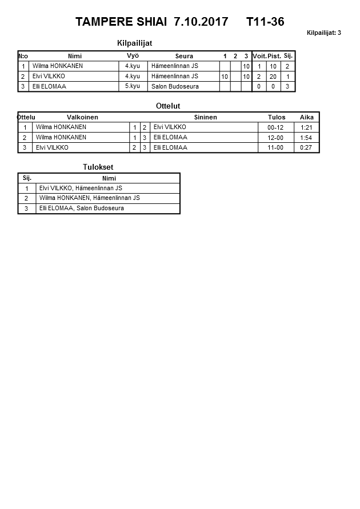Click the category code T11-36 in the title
265,22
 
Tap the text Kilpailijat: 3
323,33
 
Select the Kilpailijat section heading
134,43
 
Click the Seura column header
184,56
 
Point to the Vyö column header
133,55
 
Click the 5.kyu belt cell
132,86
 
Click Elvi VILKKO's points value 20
273,77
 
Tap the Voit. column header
259,56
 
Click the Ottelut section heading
168,106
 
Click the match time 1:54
306,138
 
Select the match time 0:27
306,147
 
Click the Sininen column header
205,117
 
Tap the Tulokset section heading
98,167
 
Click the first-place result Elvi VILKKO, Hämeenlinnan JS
81,188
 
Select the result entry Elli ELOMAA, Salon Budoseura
82,209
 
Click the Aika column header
307,117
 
